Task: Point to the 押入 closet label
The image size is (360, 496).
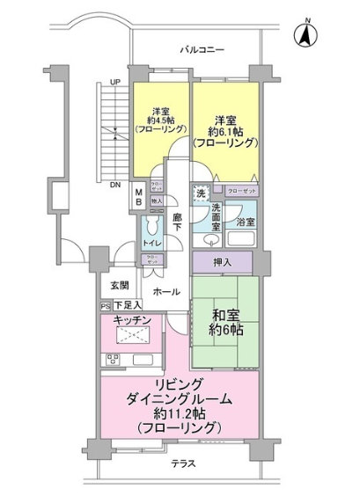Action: [224, 261]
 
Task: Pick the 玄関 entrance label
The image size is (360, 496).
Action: [120, 287]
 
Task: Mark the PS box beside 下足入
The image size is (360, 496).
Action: [105, 307]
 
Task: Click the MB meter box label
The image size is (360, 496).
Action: [138, 197]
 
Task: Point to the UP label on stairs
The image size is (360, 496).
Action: [114, 83]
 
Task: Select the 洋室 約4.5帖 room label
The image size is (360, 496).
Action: [159, 119]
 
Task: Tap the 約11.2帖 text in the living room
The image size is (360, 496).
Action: [186, 415]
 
